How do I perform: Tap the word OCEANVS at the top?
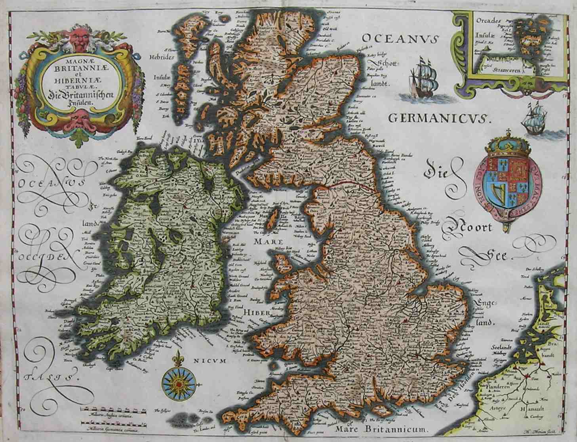[400, 40]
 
